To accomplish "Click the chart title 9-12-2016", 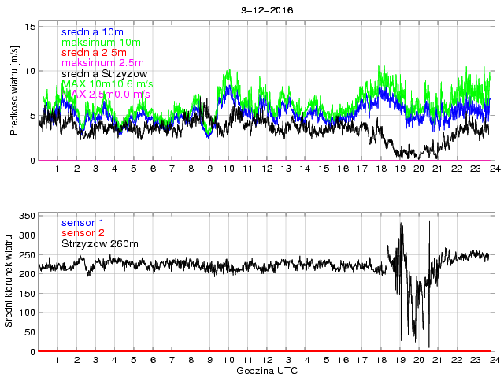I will (266, 10).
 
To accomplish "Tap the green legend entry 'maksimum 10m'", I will (100, 42).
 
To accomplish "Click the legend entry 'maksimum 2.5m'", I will (102, 62).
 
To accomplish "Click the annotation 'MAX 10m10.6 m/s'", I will (107, 83).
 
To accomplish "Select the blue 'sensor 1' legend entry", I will (82, 223).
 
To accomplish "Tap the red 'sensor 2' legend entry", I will (82, 234).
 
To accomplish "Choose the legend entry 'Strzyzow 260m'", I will (100, 245).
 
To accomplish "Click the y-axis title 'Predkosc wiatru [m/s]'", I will (14, 91).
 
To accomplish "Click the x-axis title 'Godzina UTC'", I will (267, 370).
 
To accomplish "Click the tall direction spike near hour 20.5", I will (429, 224).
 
